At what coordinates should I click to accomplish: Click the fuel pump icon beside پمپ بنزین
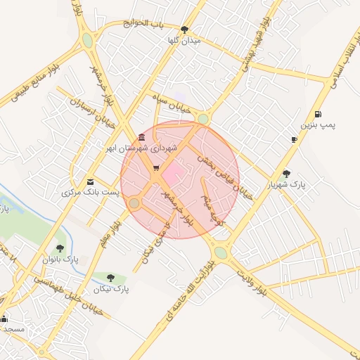319,114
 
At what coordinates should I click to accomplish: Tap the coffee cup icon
294,139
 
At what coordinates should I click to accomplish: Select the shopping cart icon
155,168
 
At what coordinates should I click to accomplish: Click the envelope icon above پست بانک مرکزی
89,181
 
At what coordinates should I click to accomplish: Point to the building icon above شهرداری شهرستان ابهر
142,137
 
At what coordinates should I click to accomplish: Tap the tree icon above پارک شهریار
285,173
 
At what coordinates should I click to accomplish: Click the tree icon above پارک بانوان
60,248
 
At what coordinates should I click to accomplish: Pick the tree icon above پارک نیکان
112,278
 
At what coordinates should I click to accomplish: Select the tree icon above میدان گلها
185,30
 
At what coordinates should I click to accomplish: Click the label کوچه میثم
212,208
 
